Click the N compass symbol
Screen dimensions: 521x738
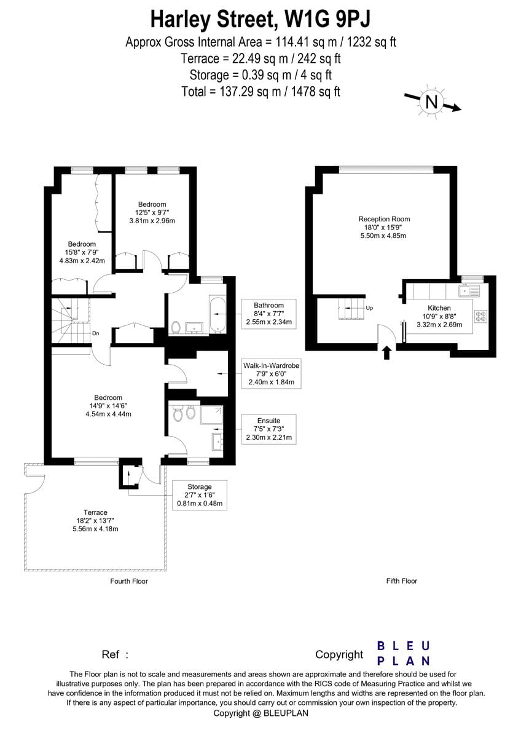coord(431,102)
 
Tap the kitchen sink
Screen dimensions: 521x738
coord(469,291)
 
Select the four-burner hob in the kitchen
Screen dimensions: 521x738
coord(480,316)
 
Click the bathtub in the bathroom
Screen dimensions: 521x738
coord(217,315)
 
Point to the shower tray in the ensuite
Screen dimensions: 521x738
coord(211,415)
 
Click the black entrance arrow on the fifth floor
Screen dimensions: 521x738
coord(387,352)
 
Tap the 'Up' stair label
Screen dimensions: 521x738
coord(369,308)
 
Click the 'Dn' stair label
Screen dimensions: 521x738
coord(95,333)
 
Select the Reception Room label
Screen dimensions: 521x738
coord(384,219)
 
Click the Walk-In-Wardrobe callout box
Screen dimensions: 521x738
coord(271,374)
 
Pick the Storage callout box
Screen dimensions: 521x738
coord(200,495)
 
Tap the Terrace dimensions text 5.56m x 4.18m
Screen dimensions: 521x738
coord(95,529)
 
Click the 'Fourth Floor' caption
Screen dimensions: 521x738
coord(129,581)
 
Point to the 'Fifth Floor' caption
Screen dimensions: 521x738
coord(402,581)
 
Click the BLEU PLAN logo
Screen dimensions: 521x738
coord(404,653)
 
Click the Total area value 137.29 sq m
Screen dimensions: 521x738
coord(250,92)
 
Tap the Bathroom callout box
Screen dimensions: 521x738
coord(269,314)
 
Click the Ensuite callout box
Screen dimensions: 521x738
coord(269,429)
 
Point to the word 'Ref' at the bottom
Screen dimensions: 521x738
coord(110,654)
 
